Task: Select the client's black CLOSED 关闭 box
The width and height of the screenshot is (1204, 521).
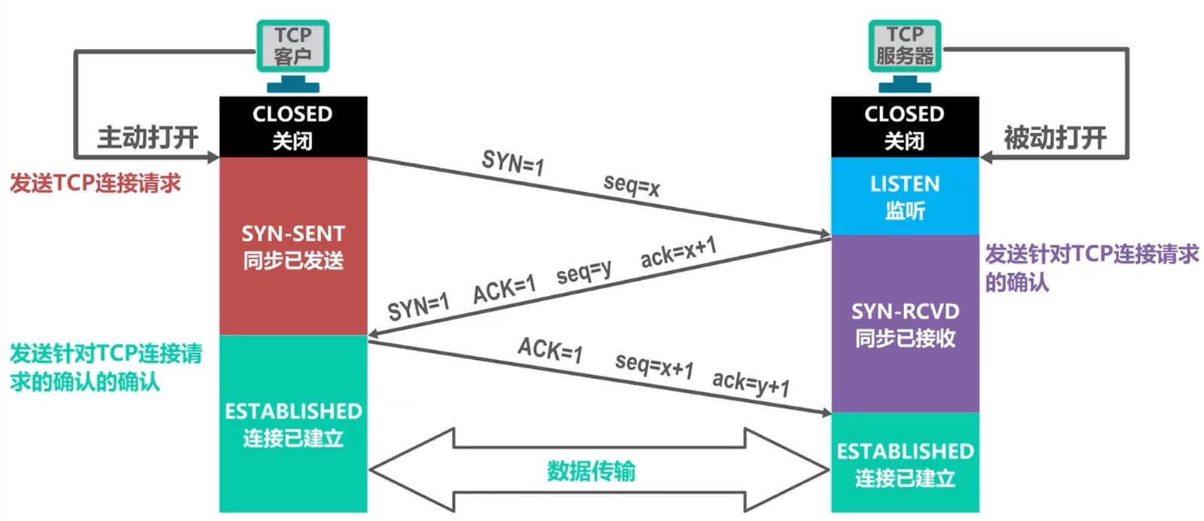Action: [x=293, y=126]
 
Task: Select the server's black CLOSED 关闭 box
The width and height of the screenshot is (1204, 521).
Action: [x=904, y=126]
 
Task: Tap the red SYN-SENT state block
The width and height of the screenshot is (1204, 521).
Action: [x=293, y=246]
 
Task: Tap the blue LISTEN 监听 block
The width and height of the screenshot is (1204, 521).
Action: [x=904, y=197]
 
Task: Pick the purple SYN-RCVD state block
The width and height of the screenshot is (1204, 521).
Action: [x=904, y=324]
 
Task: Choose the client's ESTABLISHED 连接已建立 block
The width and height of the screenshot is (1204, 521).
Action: [x=293, y=424]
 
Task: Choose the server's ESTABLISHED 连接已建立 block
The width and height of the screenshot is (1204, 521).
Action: [x=904, y=464]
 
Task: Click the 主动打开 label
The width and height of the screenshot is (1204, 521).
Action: [x=148, y=138]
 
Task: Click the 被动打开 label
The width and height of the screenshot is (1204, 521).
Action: [x=1055, y=138]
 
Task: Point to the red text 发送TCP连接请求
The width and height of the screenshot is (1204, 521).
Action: [x=96, y=183]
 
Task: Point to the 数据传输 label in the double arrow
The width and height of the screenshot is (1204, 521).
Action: [x=591, y=471]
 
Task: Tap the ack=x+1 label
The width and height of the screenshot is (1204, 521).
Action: [x=678, y=252]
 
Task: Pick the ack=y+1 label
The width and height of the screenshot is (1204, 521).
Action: [x=750, y=384]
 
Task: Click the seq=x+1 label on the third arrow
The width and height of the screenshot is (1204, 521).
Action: [x=654, y=366]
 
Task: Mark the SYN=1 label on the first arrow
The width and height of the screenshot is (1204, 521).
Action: [x=512, y=162]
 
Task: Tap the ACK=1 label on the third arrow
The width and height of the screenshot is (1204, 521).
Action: [x=550, y=349]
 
